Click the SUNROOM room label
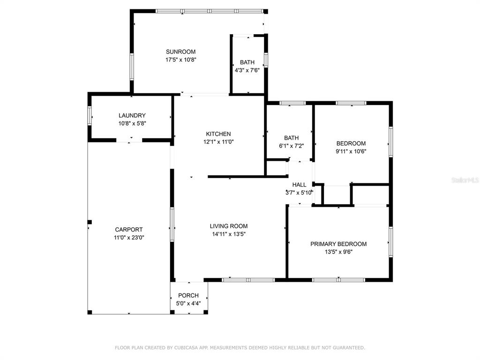point(180,52)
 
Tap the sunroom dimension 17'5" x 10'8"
point(180,60)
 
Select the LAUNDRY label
point(132,115)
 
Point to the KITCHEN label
point(218,134)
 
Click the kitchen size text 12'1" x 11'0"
point(218,142)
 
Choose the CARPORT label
point(129,230)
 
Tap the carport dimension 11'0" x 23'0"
point(129,238)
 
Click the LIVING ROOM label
point(229,226)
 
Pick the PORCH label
point(188,295)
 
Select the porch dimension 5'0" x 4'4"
point(188,303)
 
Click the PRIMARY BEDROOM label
point(338,244)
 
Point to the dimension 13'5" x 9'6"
point(338,252)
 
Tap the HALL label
point(299,185)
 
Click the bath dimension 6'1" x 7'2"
point(291,146)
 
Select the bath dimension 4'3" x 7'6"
point(247,70)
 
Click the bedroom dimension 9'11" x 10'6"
point(351,151)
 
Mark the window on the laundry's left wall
point(90,115)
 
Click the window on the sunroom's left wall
point(132,67)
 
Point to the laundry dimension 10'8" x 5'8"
point(132,123)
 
